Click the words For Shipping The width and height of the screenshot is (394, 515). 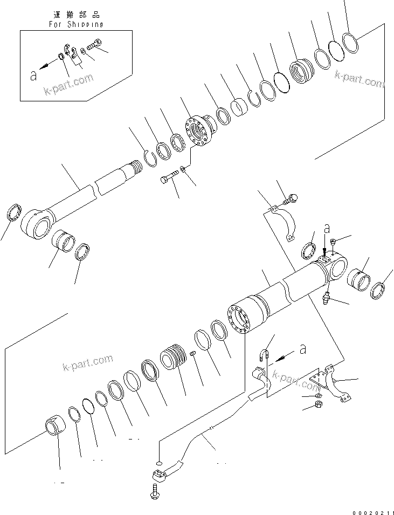click(x=75, y=24)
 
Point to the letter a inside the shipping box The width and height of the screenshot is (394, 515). click(x=34, y=76)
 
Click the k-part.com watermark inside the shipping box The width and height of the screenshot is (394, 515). click(x=69, y=86)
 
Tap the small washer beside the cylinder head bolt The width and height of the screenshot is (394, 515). click(x=184, y=169)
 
